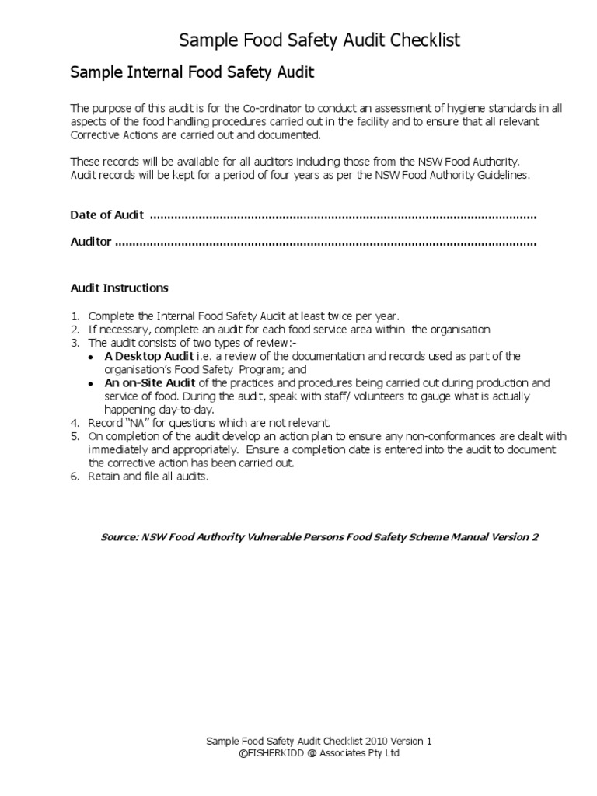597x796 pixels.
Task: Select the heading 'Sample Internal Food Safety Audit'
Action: coord(192,73)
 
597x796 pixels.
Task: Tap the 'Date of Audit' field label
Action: coord(106,215)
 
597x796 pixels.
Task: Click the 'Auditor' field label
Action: coord(91,242)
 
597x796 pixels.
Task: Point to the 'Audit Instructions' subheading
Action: coord(119,288)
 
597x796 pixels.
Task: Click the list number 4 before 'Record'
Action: coord(75,423)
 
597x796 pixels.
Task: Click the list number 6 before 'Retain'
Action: coord(75,477)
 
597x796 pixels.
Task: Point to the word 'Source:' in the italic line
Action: coord(120,537)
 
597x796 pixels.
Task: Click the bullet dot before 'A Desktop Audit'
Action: coord(91,357)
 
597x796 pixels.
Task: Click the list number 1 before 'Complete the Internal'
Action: coord(75,316)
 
